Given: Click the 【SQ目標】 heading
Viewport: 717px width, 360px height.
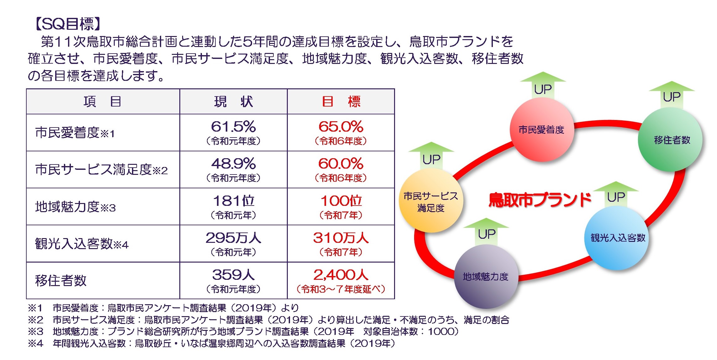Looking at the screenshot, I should coord(67,24).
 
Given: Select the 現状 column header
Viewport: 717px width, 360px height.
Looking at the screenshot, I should coord(233,102).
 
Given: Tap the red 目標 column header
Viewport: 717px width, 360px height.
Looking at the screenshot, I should coord(341,102).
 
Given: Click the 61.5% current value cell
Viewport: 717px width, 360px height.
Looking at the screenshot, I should coord(233,127).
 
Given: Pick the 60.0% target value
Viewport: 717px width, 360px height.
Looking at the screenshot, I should coord(341,164).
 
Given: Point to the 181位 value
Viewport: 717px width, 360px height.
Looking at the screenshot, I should coord(233,201).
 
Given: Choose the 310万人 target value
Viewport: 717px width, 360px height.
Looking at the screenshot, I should coord(341,238).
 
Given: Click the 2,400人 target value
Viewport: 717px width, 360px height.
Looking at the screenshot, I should coord(341,275).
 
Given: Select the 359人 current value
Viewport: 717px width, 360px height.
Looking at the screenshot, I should coord(233,275).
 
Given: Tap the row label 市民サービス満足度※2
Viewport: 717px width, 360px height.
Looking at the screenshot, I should coord(101,170).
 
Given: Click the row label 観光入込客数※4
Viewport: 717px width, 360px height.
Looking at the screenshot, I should coord(82,244).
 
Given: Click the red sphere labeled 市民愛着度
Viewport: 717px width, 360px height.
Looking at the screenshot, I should coord(541,130).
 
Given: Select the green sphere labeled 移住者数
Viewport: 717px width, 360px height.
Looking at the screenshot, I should coord(671,140).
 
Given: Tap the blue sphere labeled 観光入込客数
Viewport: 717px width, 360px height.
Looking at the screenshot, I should coord(617,238).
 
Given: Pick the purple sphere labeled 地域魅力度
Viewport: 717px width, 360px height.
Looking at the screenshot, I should coord(485,276).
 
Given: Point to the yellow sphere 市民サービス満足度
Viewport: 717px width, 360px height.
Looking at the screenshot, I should coord(431,202).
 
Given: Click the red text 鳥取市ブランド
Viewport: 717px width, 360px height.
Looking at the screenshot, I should coord(539,200).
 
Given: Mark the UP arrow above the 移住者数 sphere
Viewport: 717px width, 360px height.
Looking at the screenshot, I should coord(672,96).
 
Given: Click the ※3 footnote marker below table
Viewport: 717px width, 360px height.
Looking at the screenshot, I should coord(35,331).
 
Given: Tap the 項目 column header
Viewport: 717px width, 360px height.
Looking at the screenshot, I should coord(102,102).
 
